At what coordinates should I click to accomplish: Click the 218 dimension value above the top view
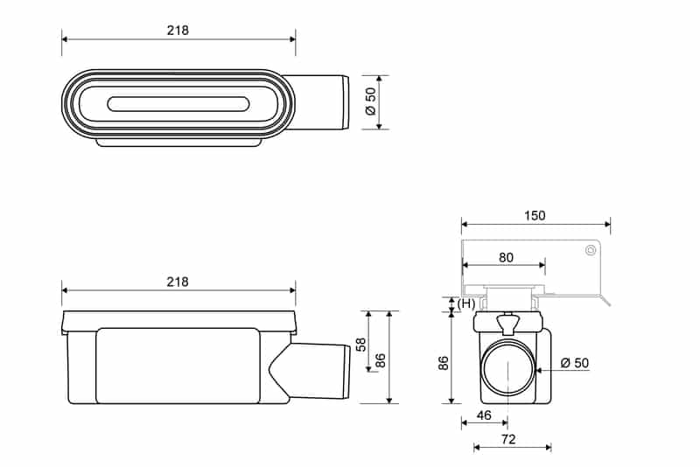(178, 30)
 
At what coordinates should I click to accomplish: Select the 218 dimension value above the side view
(178, 282)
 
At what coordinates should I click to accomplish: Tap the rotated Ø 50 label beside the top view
(370, 101)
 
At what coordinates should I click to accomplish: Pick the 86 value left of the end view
(443, 363)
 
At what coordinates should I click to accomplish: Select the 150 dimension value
(534, 216)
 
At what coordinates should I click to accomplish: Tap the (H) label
(466, 303)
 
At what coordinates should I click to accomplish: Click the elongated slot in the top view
(178, 104)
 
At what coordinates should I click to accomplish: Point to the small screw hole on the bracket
(591, 251)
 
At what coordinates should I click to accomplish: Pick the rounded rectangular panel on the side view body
(178, 366)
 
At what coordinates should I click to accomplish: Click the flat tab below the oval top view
(178, 142)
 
